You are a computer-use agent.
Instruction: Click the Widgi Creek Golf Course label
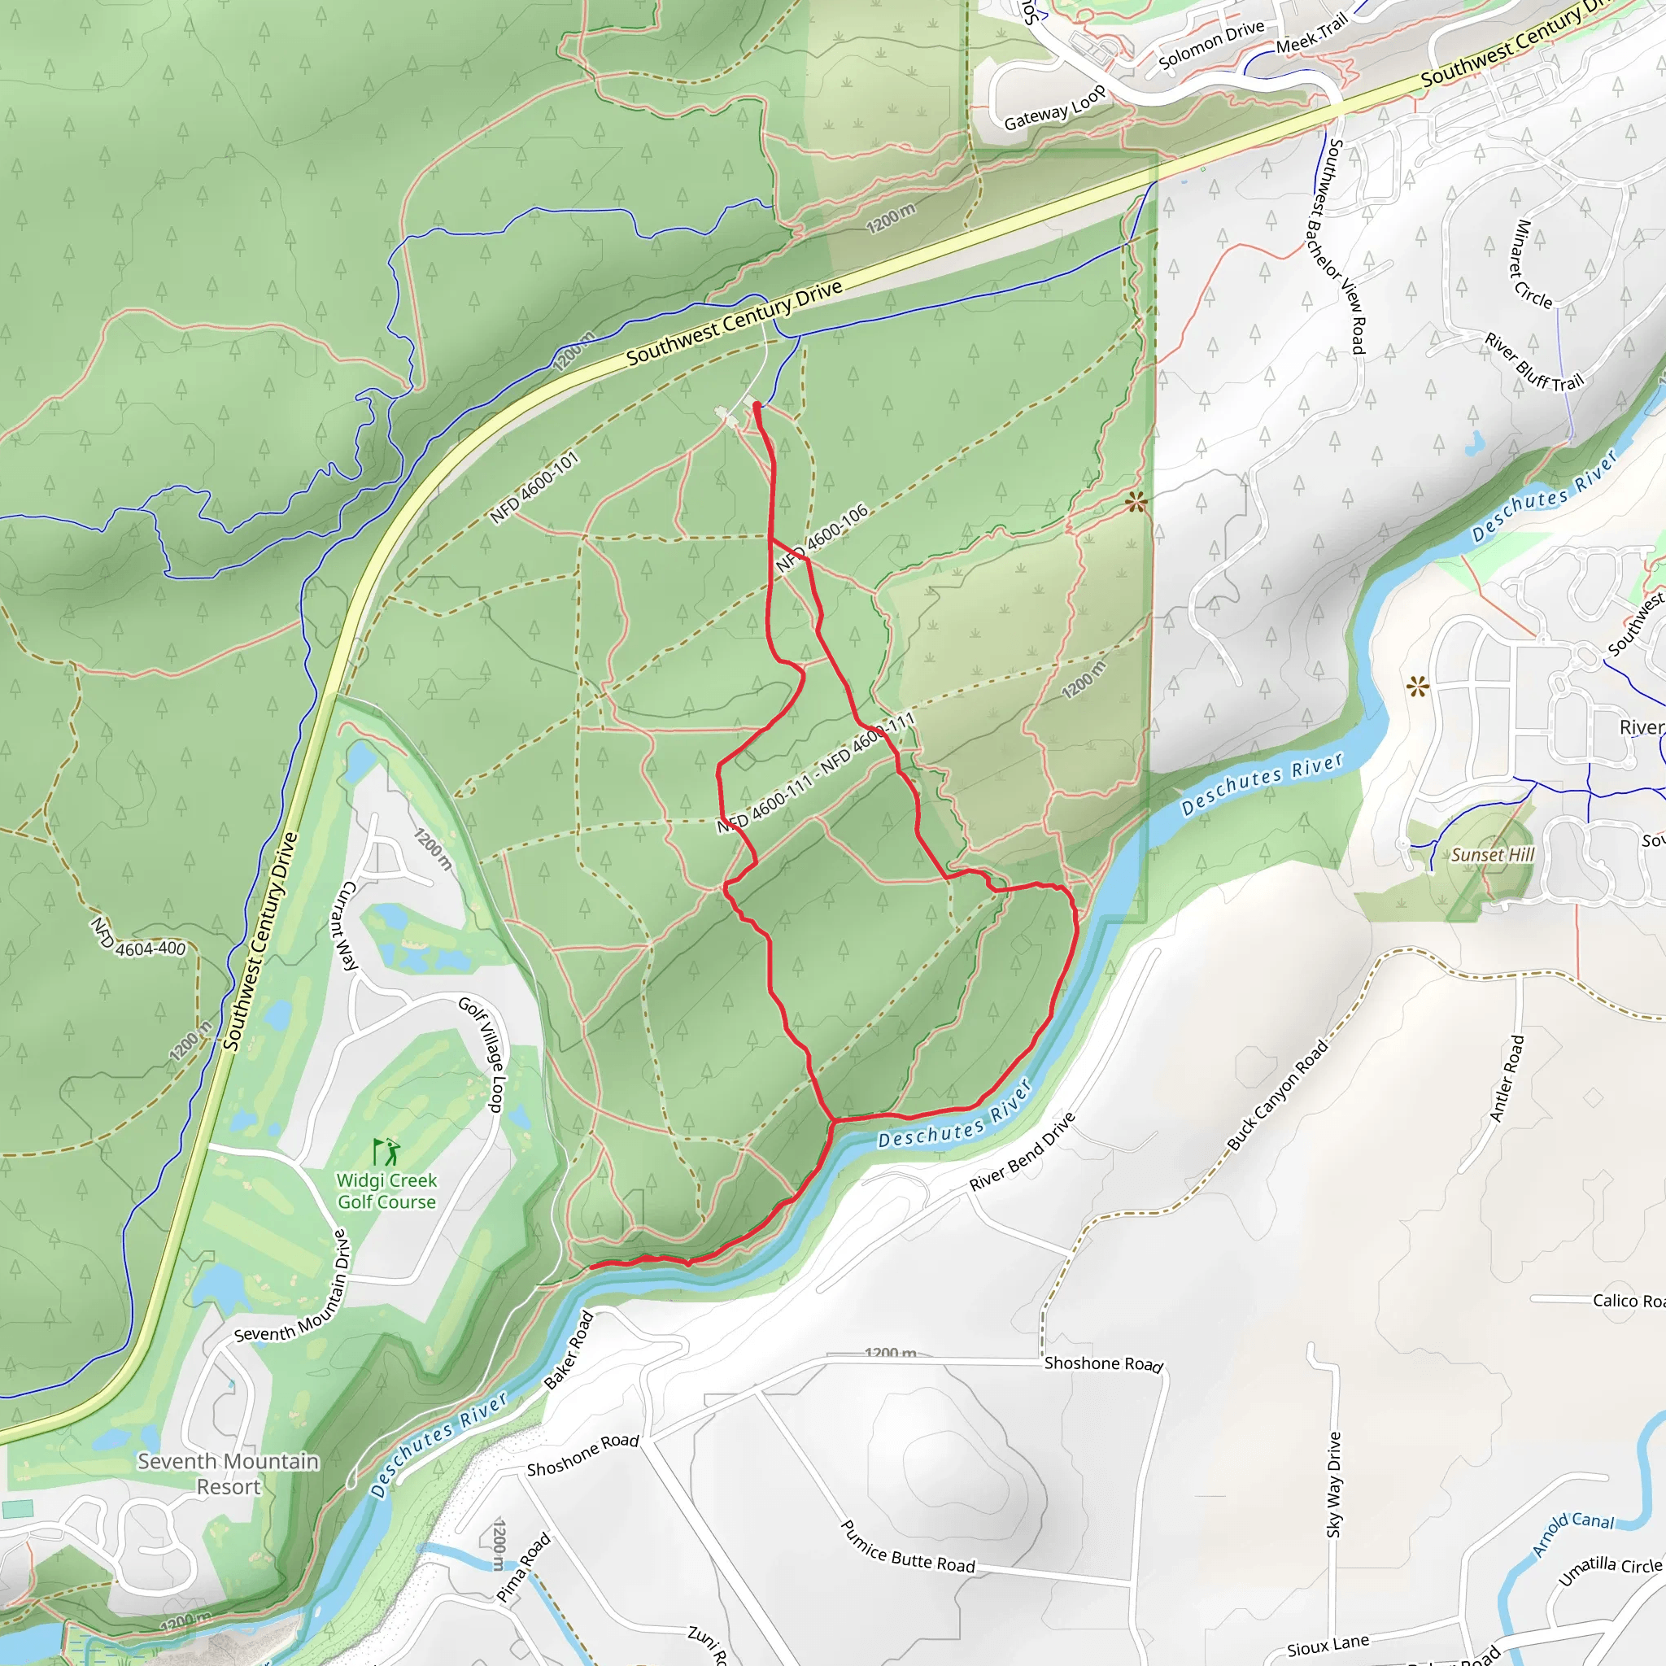pyautogui.click(x=386, y=1191)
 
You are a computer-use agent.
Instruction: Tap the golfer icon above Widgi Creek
pyautogui.click(x=387, y=1151)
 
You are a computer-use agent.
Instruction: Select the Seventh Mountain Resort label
pyautogui.click(x=229, y=1474)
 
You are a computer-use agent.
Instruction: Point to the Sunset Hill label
pyautogui.click(x=1493, y=855)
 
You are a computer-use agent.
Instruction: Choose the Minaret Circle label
pyautogui.click(x=1533, y=264)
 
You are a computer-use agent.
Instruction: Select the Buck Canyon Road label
pyautogui.click(x=1277, y=1095)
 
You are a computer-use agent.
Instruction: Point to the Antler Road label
pyautogui.click(x=1507, y=1078)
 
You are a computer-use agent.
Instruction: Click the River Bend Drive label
pyautogui.click(x=1022, y=1152)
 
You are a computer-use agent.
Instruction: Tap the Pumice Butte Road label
pyautogui.click(x=907, y=1546)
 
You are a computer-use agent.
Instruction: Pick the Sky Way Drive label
pyautogui.click(x=1334, y=1484)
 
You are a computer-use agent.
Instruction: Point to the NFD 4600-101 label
pyautogui.click(x=534, y=488)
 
